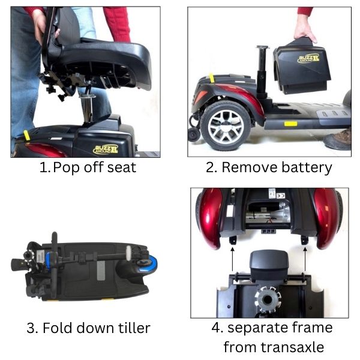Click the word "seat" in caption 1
pos(122,167)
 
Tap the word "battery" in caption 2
pos(307,168)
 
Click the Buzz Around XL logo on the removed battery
pos(308,59)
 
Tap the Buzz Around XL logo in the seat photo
pos(106,149)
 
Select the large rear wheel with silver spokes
pos(226,125)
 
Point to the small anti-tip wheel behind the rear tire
pos(194,135)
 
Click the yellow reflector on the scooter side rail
pos(290,124)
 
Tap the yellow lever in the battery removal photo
pos(211,78)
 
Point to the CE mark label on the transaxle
pos(281,196)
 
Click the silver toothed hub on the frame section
pos(268,299)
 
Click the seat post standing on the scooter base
pos(262,71)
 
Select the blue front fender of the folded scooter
pos(149,263)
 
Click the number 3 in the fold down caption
pos(31,328)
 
